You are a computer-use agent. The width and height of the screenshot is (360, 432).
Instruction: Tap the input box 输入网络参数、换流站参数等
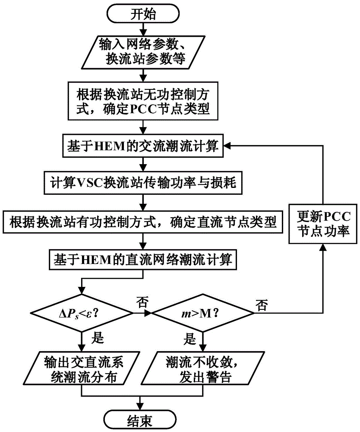pos(143,52)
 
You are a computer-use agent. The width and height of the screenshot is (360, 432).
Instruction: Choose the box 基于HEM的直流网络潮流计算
pos(143,260)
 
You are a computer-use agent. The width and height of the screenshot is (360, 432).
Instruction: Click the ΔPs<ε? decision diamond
pos(81,312)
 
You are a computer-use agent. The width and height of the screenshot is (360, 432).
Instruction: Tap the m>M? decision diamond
pos(199,312)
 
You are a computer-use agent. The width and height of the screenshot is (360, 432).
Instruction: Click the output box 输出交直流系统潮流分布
pos(81,368)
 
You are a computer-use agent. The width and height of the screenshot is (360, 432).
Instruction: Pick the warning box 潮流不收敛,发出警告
pos(199,368)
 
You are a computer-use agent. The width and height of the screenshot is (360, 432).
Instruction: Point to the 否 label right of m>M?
pos(261,305)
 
